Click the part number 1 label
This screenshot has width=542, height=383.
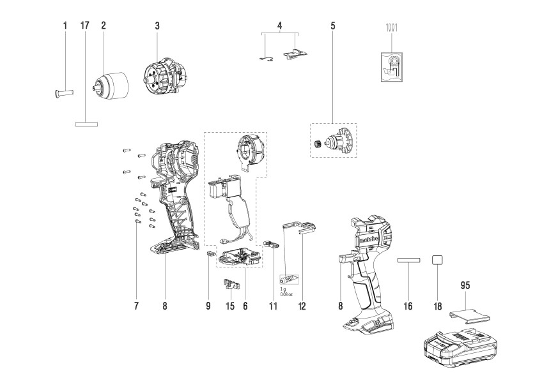65,26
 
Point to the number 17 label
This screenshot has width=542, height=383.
84,26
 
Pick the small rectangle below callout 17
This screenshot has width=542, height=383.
86,124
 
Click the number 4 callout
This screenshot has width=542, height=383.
279,26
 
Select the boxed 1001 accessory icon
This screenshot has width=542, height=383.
389,67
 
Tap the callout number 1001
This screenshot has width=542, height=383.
389,27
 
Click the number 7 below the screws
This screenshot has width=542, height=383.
136,306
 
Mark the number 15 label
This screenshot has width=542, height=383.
228,306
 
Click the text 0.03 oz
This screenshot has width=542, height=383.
286,294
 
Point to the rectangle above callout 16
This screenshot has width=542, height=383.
408,261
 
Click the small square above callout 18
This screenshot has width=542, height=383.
437,260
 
